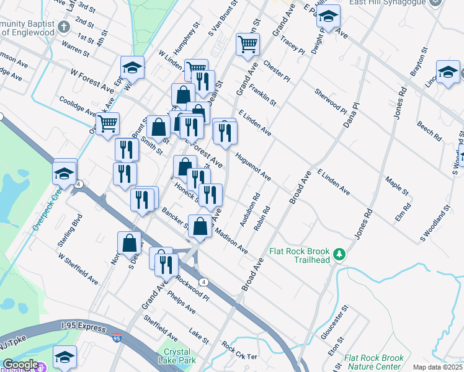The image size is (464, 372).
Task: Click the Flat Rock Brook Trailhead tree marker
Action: coord(339,254)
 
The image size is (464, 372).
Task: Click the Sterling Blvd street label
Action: coord(77,227)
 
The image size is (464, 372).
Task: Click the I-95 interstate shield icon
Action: coord(117,338)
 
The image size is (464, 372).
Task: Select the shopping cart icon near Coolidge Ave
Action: coord(109,124)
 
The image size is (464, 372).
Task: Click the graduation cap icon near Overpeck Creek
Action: coord(65,173)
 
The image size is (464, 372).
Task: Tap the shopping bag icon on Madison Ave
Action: coord(200,226)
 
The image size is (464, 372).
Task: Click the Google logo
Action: coord(20,365)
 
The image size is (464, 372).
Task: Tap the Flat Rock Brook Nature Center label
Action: coord(373,362)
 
